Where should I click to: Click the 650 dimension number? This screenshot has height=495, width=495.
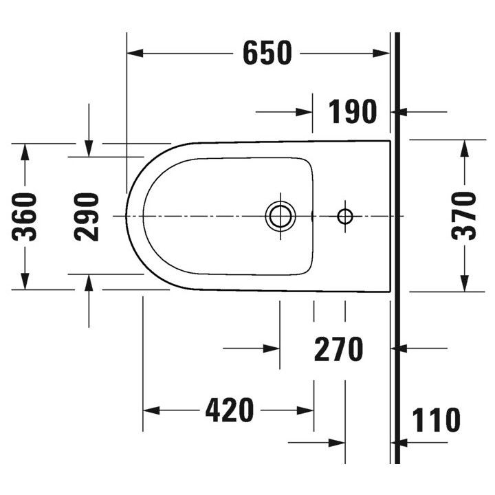(267, 53)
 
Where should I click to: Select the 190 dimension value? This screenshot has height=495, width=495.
(352, 111)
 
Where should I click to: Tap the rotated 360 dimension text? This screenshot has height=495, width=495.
(25, 217)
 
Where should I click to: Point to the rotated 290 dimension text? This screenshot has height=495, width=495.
(87, 217)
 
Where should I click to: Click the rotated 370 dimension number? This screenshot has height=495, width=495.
(464, 215)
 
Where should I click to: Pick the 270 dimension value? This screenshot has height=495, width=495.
(338, 349)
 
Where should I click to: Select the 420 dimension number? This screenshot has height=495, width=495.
(230, 410)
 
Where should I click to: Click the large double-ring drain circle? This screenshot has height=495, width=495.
(280, 216)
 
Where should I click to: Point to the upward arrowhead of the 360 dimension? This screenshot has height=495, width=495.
(25, 152)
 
